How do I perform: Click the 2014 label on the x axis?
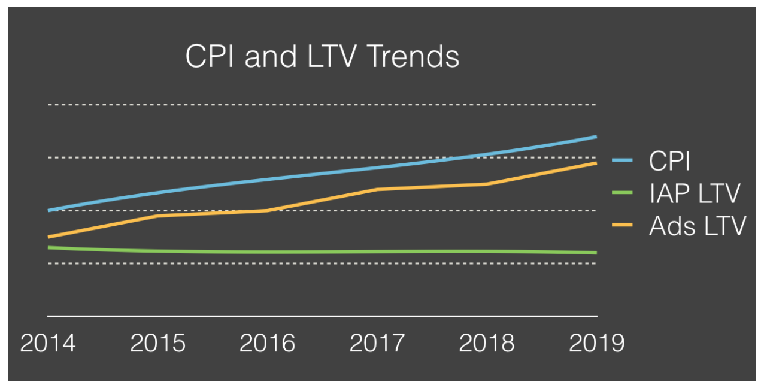[48, 343]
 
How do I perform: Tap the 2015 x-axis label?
[157, 343]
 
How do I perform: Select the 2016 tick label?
[267, 343]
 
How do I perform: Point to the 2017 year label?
[377, 343]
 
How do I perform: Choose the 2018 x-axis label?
[487, 343]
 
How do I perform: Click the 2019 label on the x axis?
[596, 343]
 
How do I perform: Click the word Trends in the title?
[413, 57]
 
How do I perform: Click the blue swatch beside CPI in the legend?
[623, 160]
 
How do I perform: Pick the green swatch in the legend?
[623, 193]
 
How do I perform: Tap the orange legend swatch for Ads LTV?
[623, 225]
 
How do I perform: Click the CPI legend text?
[670, 160]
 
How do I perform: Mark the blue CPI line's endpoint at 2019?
[596, 137]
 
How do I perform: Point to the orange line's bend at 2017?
[377, 189]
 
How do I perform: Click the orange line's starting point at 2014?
[48, 237]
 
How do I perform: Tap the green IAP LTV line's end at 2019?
[596, 253]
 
